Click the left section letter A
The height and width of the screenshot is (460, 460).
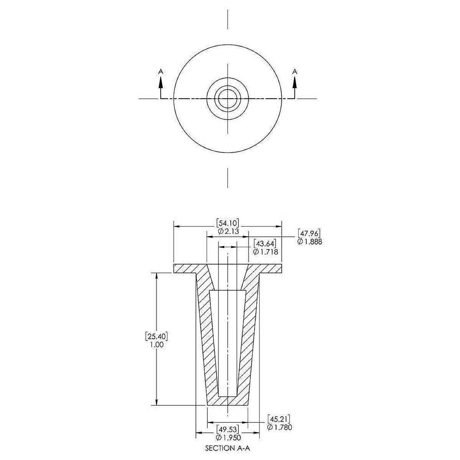click(x=161, y=71)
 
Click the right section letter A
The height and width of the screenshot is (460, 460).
click(x=294, y=71)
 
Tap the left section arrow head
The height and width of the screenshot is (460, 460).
click(x=161, y=81)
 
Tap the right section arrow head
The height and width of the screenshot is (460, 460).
click(x=294, y=81)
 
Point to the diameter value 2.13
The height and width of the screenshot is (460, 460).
click(x=228, y=231)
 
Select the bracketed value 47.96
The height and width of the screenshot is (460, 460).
click(x=309, y=233)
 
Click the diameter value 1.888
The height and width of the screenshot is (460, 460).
click(x=309, y=242)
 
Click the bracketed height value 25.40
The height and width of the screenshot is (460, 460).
click(x=157, y=336)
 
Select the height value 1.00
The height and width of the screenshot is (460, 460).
click(x=157, y=345)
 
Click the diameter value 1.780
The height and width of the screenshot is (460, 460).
click(x=280, y=427)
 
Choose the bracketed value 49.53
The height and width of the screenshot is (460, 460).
click(x=228, y=429)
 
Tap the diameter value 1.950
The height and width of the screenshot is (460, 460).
click(x=228, y=437)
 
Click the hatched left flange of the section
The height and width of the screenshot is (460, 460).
click(x=186, y=268)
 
